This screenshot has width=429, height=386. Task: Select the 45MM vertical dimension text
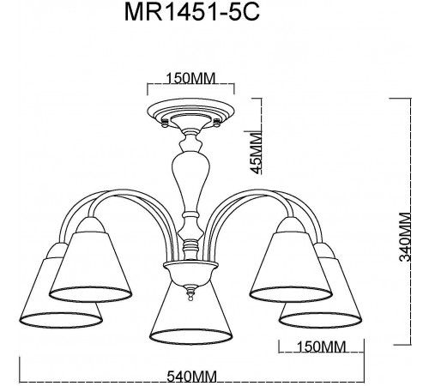click(254, 153)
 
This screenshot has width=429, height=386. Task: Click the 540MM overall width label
click(190, 375)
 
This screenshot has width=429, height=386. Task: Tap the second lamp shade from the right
click(289, 262)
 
